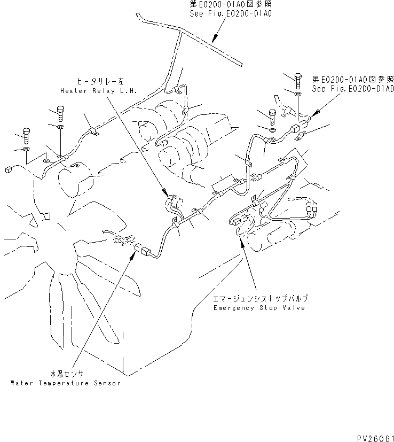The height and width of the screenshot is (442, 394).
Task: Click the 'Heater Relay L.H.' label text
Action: point(99,91)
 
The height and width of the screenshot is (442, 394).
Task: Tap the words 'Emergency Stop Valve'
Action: point(259,308)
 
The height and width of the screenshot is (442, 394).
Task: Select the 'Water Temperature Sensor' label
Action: point(65,383)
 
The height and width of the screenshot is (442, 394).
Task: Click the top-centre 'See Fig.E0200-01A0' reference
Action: point(230,13)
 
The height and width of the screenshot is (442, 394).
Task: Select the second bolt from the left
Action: point(59,113)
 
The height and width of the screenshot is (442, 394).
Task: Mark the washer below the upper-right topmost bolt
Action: point(298,94)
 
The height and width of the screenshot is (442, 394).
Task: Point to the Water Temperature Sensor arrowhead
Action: point(131,252)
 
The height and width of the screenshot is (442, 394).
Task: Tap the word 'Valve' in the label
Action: point(294,308)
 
